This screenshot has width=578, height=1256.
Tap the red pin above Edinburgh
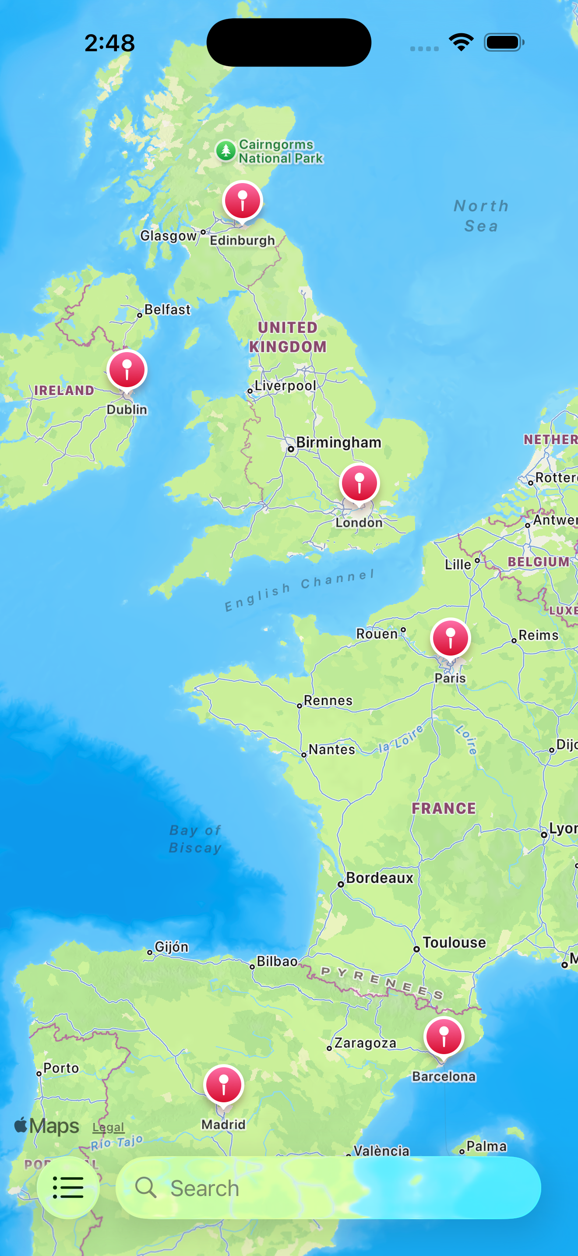tap(242, 201)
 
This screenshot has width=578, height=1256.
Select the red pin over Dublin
tap(127, 370)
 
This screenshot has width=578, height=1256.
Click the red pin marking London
tap(359, 483)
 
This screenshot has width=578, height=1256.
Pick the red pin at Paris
tap(450, 638)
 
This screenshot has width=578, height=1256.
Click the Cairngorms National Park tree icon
tap(226, 151)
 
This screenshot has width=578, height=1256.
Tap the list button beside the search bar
tap(68, 1187)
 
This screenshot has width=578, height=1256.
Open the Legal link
tap(108, 1127)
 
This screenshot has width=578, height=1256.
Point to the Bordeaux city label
tap(379, 878)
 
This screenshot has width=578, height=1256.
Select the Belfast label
tap(167, 310)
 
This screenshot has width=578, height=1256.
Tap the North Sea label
tap(481, 215)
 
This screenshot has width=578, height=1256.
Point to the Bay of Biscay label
tap(195, 839)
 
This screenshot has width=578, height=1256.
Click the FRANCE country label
tap(444, 808)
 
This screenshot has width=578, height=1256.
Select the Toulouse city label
tap(454, 942)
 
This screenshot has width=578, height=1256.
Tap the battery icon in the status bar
tap(504, 42)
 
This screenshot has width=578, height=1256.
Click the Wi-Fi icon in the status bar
tap(461, 42)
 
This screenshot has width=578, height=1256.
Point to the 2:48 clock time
tap(109, 43)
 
